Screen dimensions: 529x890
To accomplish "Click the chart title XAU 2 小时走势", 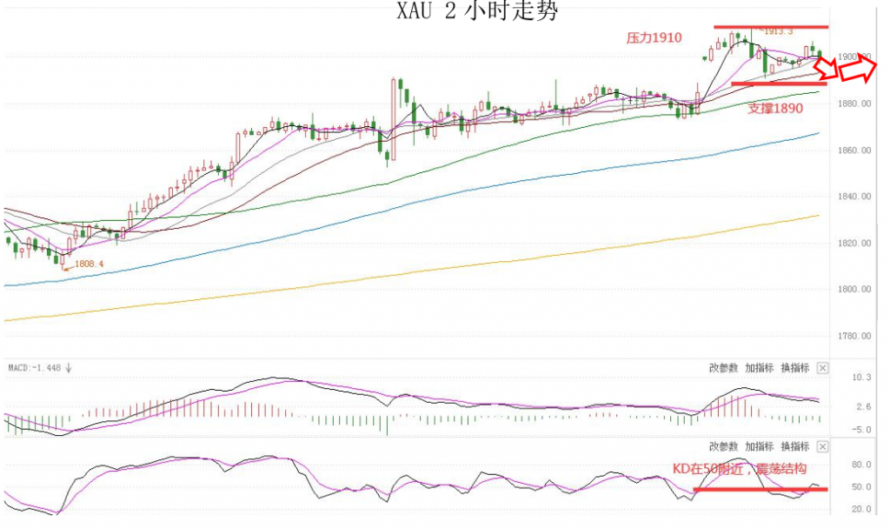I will [476, 11].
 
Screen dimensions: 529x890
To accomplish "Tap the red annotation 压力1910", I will [654, 38].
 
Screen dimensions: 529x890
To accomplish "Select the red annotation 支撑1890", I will [775, 109].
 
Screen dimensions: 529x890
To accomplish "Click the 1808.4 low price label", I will [89, 264].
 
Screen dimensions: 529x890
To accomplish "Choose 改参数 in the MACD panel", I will [724, 368].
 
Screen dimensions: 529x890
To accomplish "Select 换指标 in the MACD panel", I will [795, 368].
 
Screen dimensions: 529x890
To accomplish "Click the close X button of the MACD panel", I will [823, 368].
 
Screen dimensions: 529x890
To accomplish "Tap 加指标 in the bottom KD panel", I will [760, 446].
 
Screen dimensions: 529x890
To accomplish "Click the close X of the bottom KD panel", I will [823, 446].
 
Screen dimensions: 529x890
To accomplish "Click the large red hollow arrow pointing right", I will [860, 67].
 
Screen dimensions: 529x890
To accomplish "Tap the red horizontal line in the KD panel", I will [760, 489].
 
